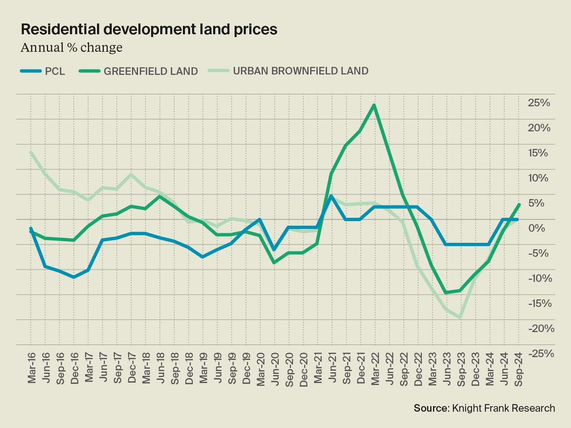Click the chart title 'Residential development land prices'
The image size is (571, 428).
[x=149, y=29]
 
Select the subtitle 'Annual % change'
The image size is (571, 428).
[x=72, y=48]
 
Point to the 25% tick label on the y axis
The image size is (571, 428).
[x=539, y=103]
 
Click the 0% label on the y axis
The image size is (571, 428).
[x=537, y=228]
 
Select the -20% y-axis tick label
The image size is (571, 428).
[x=541, y=328]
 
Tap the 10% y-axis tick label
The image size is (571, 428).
[x=538, y=178]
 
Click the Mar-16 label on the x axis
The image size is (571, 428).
[x=32, y=368]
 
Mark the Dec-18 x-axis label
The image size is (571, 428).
[x=189, y=369]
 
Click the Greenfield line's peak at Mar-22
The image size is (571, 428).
[x=374, y=105]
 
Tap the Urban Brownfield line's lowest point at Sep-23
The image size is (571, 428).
[x=460, y=318]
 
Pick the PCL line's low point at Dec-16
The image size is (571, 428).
[x=74, y=277]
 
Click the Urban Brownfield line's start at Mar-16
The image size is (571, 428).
[x=31, y=152]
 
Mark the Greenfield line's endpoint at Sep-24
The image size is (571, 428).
[x=519, y=205]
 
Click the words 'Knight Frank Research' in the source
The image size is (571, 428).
[x=503, y=408]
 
